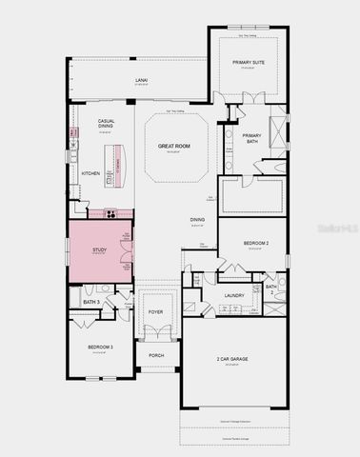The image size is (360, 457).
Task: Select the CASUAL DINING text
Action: [x=106, y=124]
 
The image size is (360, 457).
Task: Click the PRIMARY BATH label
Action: [x=251, y=139]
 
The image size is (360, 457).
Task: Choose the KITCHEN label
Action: [x=90, y=173]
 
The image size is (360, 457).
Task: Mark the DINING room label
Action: [x=196, y=220]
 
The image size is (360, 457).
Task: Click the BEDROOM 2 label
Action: [x=256, y=244]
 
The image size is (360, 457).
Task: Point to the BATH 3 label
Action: [x=91, y=302]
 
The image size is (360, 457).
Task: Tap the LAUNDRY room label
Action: [x=234, y=295]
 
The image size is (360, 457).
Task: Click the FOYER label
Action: [x=155, y=311]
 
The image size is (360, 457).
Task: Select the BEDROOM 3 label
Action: [x=100, y=347]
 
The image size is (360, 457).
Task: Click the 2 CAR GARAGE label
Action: [x=232, y=359]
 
